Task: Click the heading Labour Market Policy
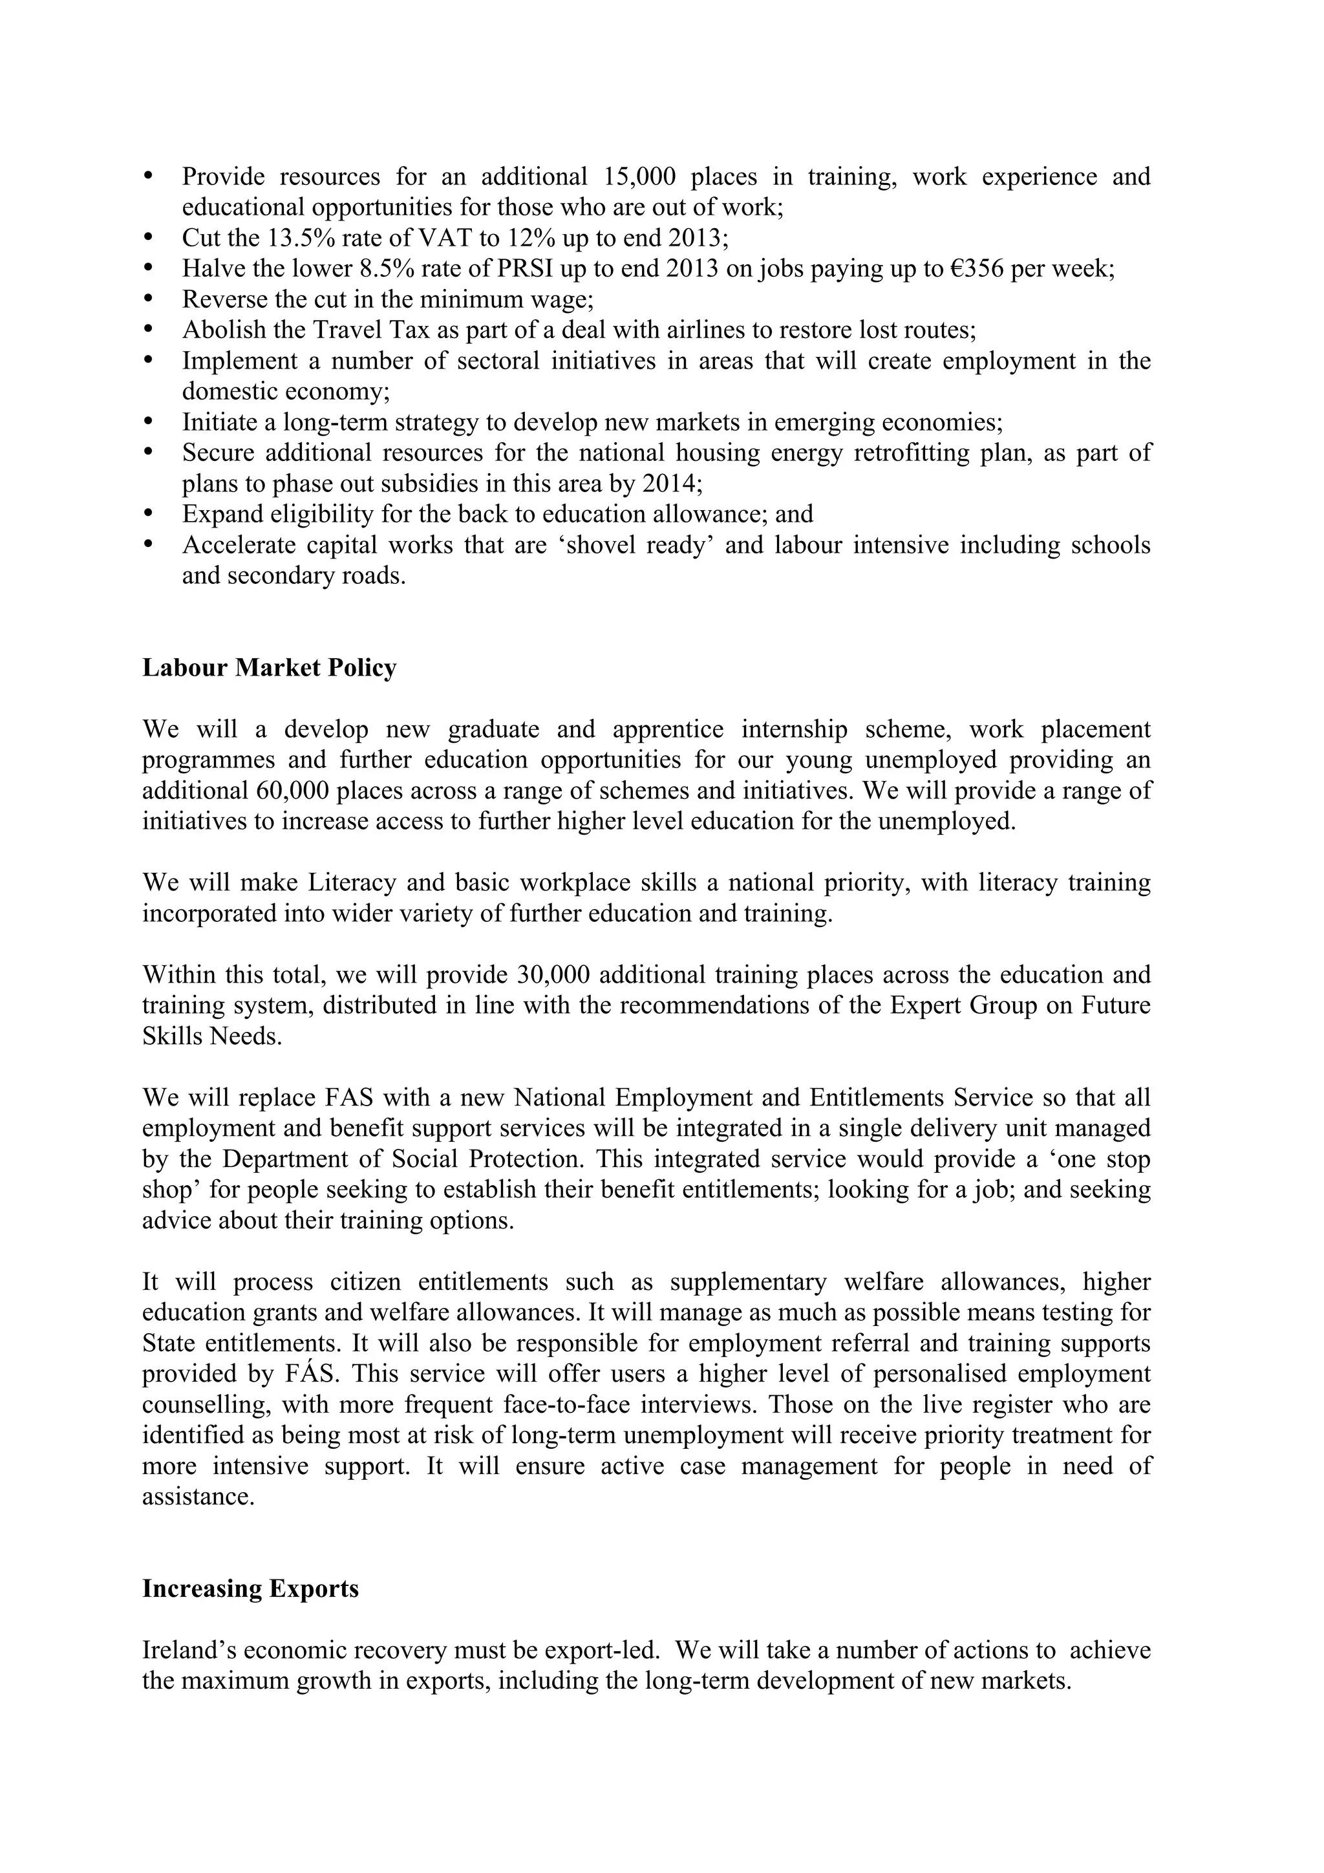pos(269,667)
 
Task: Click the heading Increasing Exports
pos(250,1589)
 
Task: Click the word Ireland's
pos(189,1651)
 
